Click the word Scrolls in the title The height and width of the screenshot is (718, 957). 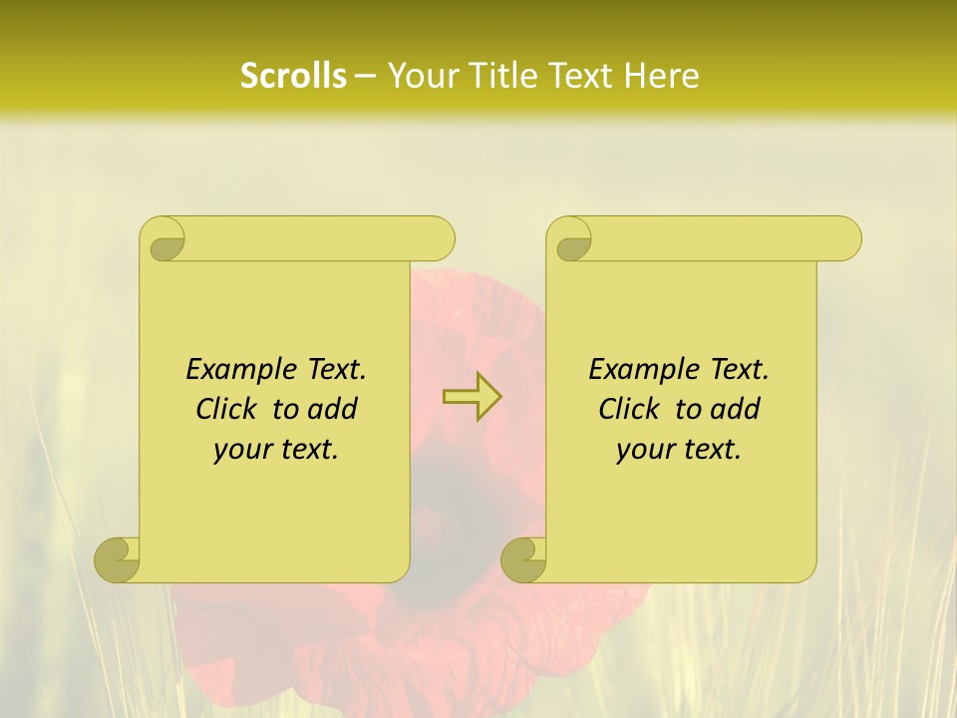tap(294, 76)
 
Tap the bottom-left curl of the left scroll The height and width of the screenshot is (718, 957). tap(118, 558)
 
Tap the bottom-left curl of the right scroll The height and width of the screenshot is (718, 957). tap(523, 558)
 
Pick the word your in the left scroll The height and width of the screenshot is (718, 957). tap(239, 450)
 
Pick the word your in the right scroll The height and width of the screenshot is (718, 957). tap(642, 450)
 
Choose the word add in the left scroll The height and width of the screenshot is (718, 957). tap(333, 409)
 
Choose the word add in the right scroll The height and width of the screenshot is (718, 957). tap(736, 409)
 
